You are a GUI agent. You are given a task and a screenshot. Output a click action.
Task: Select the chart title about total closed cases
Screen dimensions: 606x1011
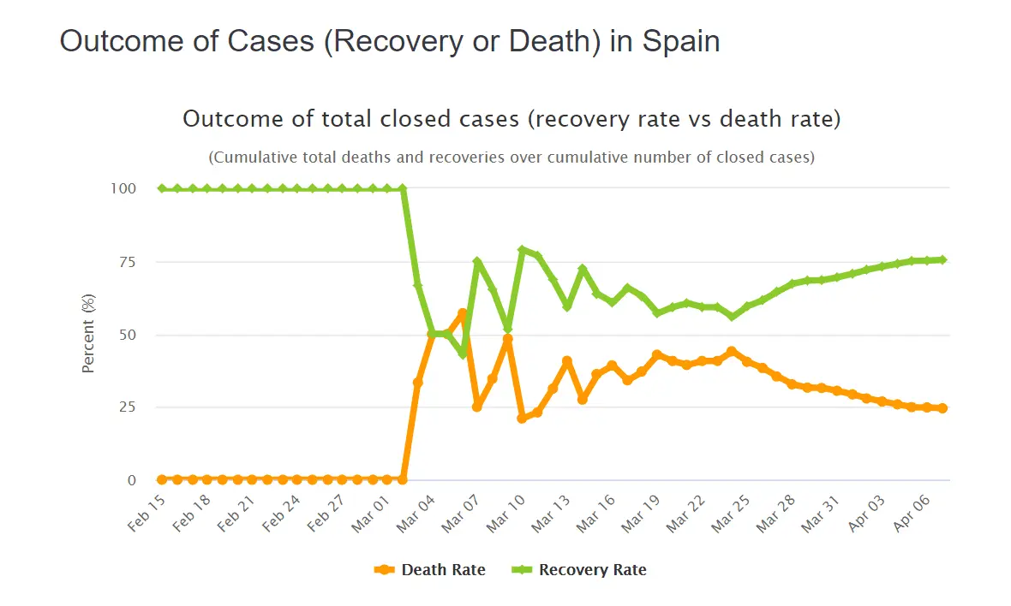(x=511, y=119)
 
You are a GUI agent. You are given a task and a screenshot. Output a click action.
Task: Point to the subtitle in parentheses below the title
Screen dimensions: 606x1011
(x=511, y=157)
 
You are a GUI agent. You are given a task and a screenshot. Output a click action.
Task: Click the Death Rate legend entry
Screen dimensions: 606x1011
(x=431, y=570)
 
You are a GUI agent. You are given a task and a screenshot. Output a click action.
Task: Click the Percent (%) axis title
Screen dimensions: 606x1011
(x=88, y=334)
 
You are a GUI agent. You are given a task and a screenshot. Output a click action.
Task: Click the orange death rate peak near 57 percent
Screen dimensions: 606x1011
(x=463, y=314)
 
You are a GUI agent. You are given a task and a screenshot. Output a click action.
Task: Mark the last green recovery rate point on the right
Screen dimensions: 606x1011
(x=942, y=259)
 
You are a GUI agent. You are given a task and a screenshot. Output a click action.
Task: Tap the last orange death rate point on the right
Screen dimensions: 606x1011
(x=942, y=408)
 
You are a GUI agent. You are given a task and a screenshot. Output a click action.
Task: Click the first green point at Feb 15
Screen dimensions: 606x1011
(x=162, y=188)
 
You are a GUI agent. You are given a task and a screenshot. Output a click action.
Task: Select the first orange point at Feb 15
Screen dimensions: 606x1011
(x=162, y=479)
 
